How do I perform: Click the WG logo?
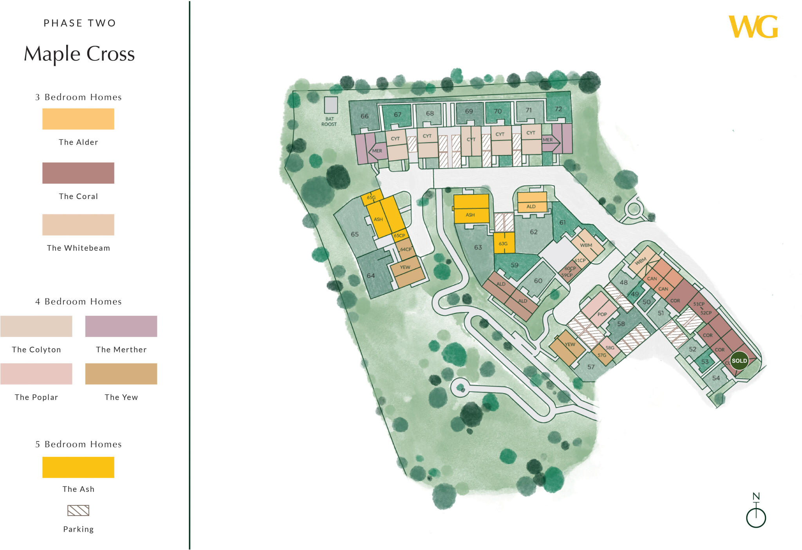pos(753,27)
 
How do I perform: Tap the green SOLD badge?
pos(739,361)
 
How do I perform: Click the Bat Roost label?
pos(329,121)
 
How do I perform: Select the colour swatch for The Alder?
pos(78,119)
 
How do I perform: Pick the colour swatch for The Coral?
pos(78,173)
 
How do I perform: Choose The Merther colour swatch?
pos(121,326)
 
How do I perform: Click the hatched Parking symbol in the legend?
pos(78,510)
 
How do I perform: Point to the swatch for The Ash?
pos(78,467)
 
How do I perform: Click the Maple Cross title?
pos(79,54)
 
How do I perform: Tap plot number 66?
pos(365,116)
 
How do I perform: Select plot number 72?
pos(558,109)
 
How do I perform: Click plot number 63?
pos(478,247)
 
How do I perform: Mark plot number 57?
pos(591,367)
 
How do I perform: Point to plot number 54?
pos(716,378)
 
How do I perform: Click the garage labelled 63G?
pos(503,244)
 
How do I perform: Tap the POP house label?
pos(602,314)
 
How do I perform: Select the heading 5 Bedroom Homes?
pos(78,444)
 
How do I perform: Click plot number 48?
pos(624,282)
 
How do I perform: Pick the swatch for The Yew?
pos(121,373)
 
